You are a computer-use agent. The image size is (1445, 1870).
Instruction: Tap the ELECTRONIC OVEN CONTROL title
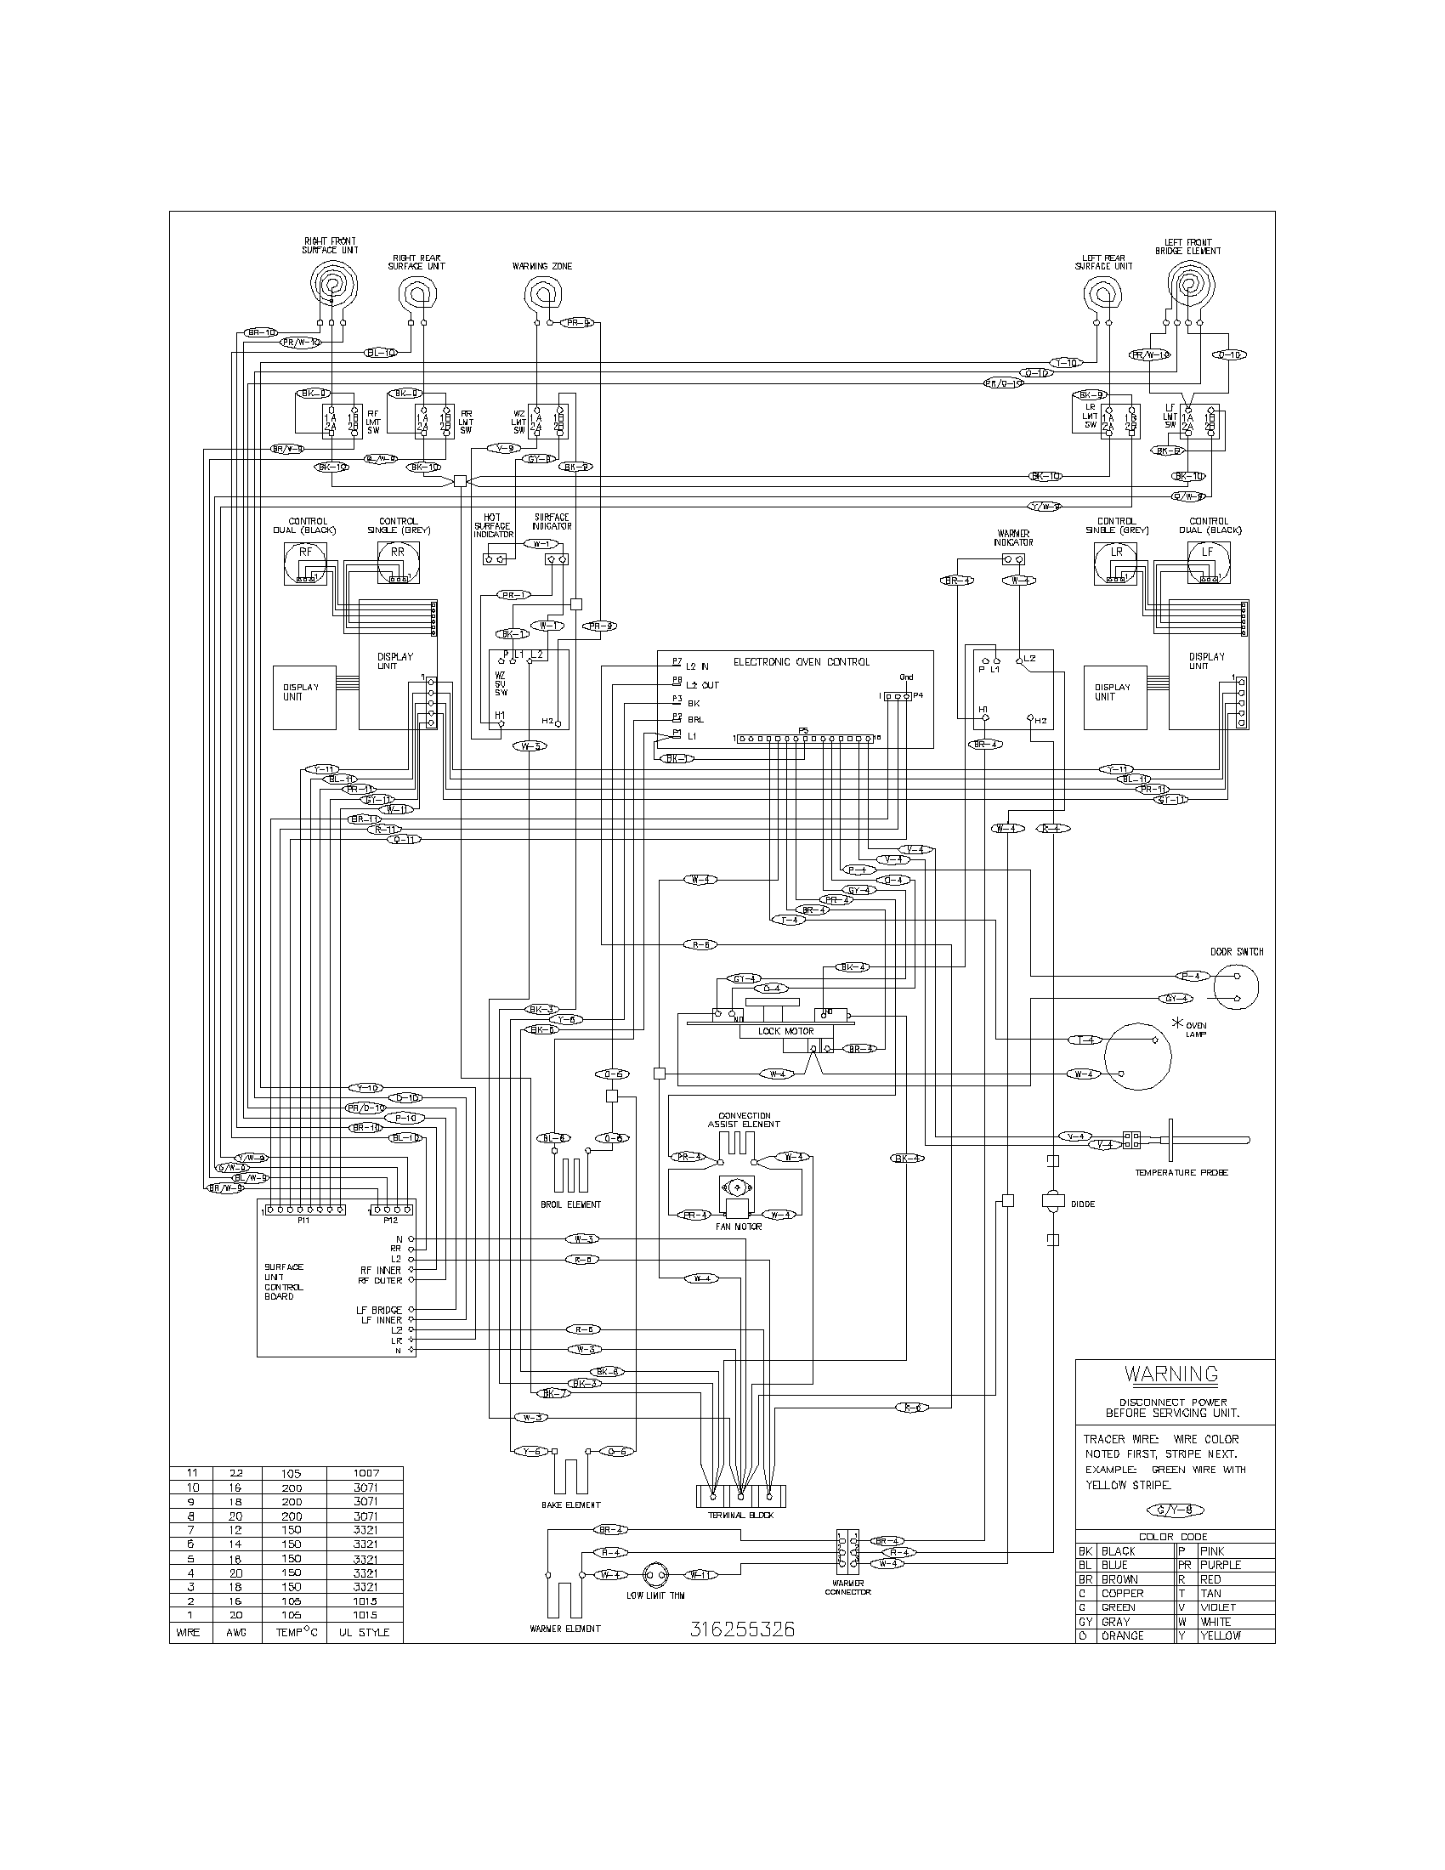click(x=802, y=662)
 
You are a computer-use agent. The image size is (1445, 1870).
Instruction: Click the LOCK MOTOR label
click(x=786, y=1031)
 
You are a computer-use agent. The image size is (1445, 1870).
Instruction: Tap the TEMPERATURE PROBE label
click(x=1181, y=1172)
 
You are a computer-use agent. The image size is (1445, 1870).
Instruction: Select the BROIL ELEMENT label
click(x=573, y=1204)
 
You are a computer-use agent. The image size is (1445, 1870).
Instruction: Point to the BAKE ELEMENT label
click(x=571, y=1504)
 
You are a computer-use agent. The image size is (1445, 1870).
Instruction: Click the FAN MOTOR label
click(x=739, y=1226)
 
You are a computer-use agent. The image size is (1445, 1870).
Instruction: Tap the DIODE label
click(x=1083, y=1204)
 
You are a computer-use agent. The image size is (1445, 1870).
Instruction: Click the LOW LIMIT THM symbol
click(x=654, y=1574)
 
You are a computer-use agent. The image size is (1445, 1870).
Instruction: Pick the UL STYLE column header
click(x=363, y=1632)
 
